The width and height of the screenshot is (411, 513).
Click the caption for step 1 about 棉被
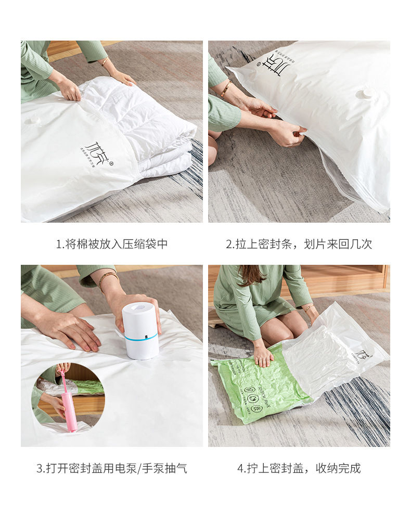point(112,244)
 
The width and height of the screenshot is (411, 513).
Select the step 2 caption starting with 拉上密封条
point(299,244)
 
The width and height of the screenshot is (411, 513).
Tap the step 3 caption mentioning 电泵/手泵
point(112,468)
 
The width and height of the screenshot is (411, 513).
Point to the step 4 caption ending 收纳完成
point(299,468)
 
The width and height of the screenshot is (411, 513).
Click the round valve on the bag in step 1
point(33,121)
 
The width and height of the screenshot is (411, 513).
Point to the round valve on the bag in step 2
point(367,94)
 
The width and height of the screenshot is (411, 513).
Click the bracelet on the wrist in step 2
point(226,88)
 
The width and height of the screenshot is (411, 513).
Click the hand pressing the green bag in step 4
point(263,356)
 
